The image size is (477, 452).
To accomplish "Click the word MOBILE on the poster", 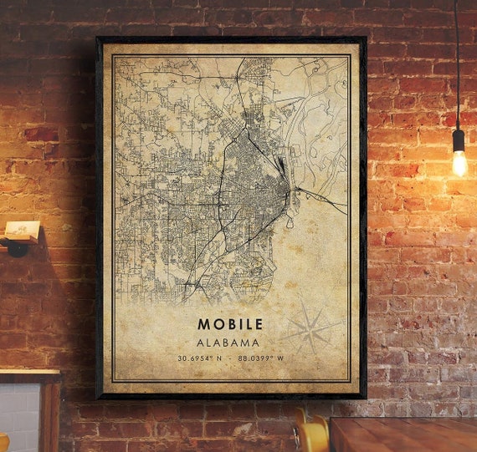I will point(230,323).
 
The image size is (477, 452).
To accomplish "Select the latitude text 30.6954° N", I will point(198,359).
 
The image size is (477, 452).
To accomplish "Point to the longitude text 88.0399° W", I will point(261,359).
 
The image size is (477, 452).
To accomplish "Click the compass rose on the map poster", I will point(310,328).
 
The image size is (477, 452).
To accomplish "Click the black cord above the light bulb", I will point(457,67).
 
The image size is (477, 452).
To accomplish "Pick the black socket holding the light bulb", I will point(458,139).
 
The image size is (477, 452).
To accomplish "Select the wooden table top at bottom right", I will point(402,434).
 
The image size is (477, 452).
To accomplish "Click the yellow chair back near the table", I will point(311,435).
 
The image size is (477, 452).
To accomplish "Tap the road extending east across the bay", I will point(322,199).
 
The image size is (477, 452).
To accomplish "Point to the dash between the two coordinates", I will point(230,359).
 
